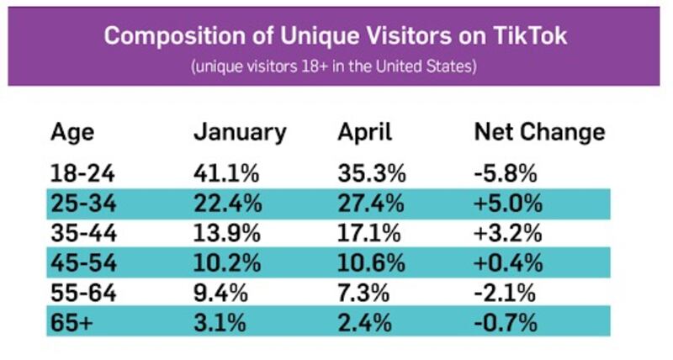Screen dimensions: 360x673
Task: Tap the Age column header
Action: coord(72,132)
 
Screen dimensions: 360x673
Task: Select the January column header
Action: coord(240,132)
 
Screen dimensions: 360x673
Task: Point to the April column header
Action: coord(365,133)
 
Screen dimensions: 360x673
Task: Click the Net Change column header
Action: coord(538,132)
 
